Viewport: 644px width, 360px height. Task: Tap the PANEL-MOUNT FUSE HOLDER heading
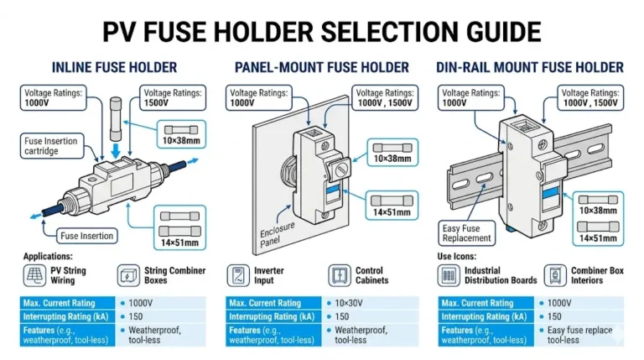tap(322, 67)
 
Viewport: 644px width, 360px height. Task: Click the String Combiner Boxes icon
tap(129, 276)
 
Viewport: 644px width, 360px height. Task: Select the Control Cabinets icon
tap(339, 276)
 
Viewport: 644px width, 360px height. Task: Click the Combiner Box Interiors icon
tap(553, 276)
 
